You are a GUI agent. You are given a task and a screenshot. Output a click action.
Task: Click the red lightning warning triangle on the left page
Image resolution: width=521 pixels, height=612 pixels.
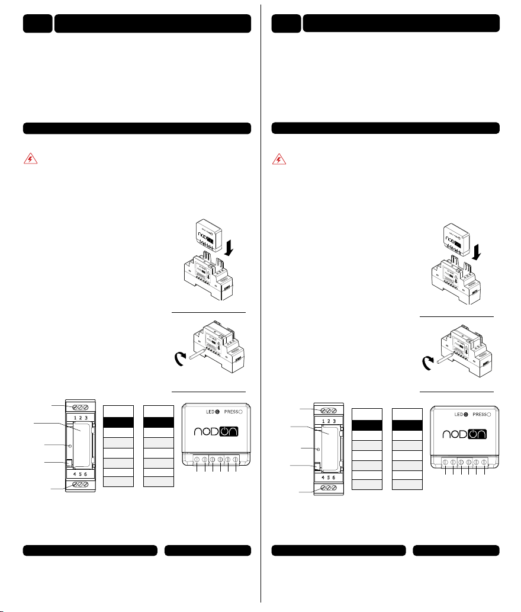pyautogui.click(x=30, y=159)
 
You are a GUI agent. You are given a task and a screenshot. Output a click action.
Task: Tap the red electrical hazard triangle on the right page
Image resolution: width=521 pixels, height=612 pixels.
pyautogui.click(x=279, y=159)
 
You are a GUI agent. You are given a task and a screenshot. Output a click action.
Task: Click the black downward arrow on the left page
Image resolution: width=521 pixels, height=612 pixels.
pyautogui.click(x=229, y=248)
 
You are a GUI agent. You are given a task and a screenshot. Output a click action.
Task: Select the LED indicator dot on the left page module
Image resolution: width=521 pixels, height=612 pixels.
pyautogui.click(x=218, y=412)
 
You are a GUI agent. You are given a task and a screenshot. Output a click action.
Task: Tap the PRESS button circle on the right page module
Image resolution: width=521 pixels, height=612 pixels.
pyautogui.click(x=488, y=415)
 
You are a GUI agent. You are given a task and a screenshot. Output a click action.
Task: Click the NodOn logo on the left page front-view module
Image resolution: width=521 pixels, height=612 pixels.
pyautogui.click(x=216, y=431)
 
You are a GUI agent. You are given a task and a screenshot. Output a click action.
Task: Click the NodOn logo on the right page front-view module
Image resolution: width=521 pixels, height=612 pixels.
pyautogui.click(x=464, y=434)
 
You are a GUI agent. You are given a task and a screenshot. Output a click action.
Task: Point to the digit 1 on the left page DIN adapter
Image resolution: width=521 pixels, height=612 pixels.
pyautogui.click(x=75, y=418)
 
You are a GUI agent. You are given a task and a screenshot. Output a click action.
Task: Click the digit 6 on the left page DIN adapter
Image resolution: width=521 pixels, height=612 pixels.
pyautogui.click(x=86, y=474)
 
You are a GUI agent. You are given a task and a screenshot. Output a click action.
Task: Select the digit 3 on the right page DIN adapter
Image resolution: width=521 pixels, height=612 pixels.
pyautogui.click(x=334, y=422)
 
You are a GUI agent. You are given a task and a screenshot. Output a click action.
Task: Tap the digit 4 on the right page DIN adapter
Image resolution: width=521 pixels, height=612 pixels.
pyautogui.click(x=323, y=478)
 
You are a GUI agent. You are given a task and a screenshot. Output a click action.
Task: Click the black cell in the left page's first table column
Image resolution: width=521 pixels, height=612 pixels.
pyautogui.click(x=118, y=422)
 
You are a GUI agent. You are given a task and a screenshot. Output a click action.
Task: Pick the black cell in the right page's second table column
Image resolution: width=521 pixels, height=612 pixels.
pyautogui.click(x=407, y=425)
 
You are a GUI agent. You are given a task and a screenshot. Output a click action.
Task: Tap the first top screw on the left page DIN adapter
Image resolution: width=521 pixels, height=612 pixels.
pyautogui.click(x=75, y=408)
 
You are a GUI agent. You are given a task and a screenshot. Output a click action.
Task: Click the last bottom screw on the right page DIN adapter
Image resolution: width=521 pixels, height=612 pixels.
pyautogui.click(x=334, y=488)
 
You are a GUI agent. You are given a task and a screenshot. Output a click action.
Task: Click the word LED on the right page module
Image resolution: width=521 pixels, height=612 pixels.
pyautogui.click(x=459, y=415)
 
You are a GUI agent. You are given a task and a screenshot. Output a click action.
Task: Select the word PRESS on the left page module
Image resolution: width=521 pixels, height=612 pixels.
pyautogui.click(x=231, y=412)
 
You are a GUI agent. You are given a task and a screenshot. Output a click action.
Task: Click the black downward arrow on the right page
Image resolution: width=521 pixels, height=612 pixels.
pyautogui.click(x=477, y=252)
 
